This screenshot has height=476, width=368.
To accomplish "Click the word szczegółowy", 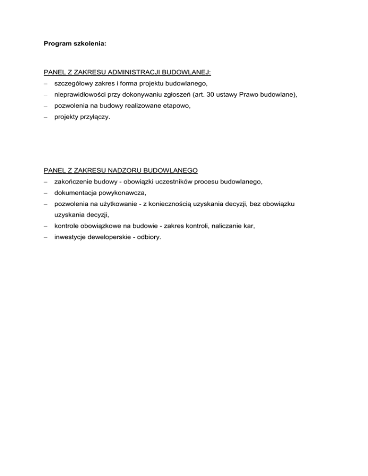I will pyautogui.click(x=74, y=84).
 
